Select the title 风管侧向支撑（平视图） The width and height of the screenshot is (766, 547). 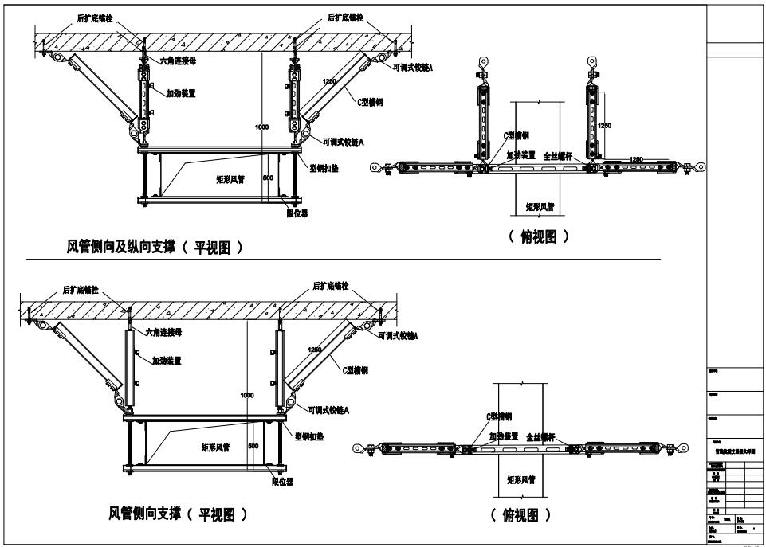click(x=177, y=515)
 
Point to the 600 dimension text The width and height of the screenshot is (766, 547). click(x=268, y=178)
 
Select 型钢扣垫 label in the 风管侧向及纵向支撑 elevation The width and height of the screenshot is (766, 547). click(x=326, y=169)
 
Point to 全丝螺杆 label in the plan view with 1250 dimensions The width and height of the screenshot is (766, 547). click(x=559, y=157)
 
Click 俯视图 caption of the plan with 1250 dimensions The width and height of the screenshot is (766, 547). click(x=540, y=236)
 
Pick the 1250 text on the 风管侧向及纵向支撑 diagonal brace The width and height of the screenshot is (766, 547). click(x=328, y=82)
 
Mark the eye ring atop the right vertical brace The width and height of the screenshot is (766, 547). click(x=591, y=61)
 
